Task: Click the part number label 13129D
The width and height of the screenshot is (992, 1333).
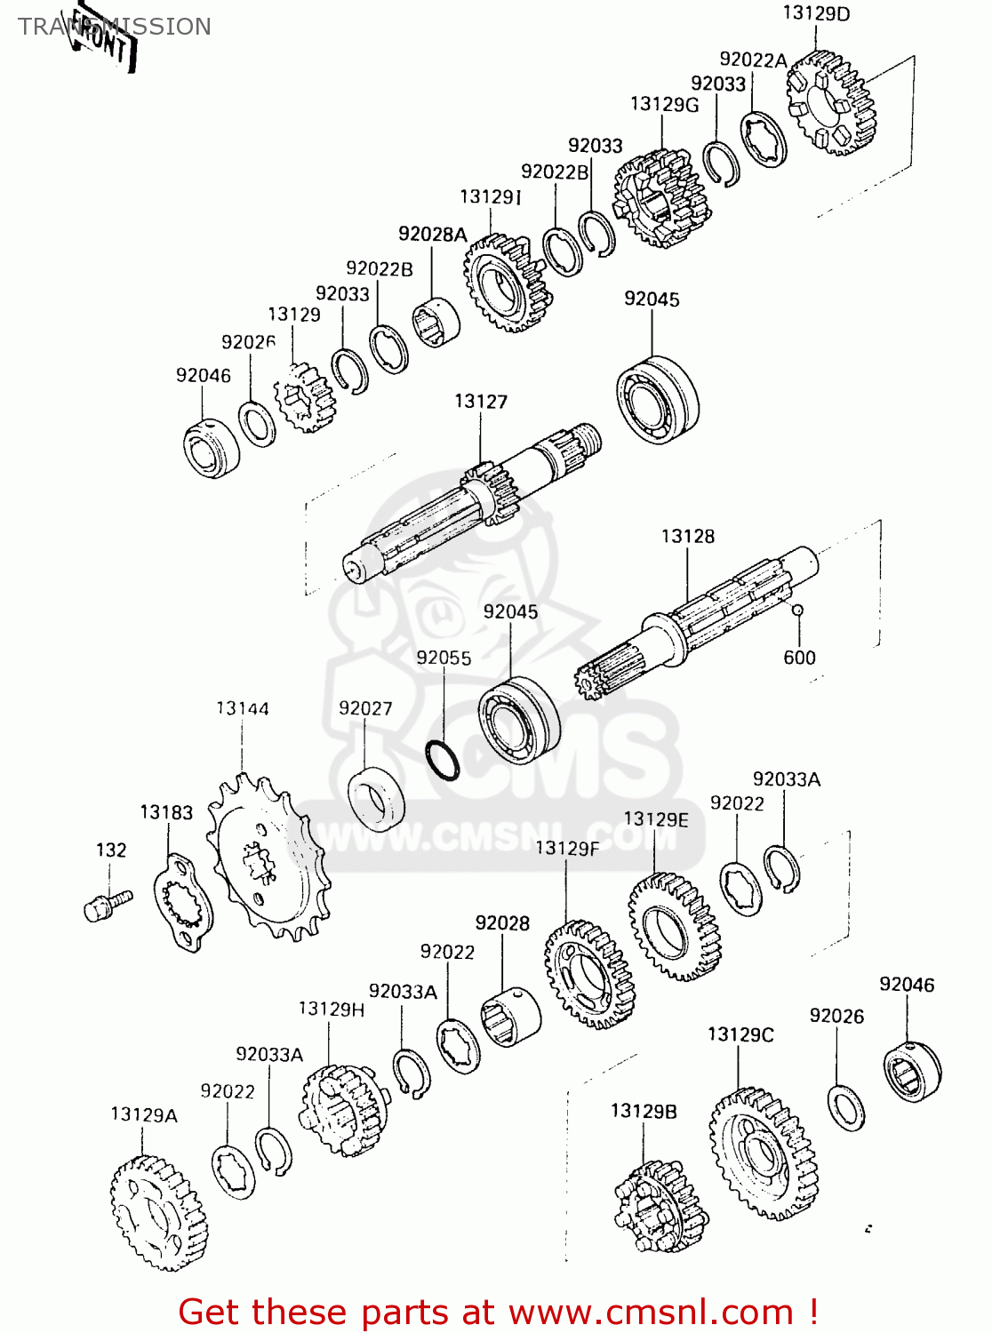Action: click(x=815, y=13)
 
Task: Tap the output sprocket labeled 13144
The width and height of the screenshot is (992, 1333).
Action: click(x=268, y=858)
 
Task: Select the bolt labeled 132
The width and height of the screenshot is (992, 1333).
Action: click(x=106, y=906)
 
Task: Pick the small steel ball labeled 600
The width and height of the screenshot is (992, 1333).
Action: click(x=797, y=610)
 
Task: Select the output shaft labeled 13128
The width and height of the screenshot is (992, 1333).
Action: click(x=702, y=614)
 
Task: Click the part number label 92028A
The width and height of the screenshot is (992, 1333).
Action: click(x=432, y=234)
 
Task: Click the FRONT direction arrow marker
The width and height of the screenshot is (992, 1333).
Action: click(x=105, y=40)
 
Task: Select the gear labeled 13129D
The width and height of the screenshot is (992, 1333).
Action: click(x=831, y=102)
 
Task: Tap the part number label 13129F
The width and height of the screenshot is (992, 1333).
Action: click(x=566, y=849)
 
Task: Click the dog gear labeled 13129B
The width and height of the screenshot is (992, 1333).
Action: click(x=659, y=1206)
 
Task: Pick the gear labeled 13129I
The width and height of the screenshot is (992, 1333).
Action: click(x=506, y=283)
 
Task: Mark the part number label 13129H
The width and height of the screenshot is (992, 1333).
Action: click(x=331, y=1009)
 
